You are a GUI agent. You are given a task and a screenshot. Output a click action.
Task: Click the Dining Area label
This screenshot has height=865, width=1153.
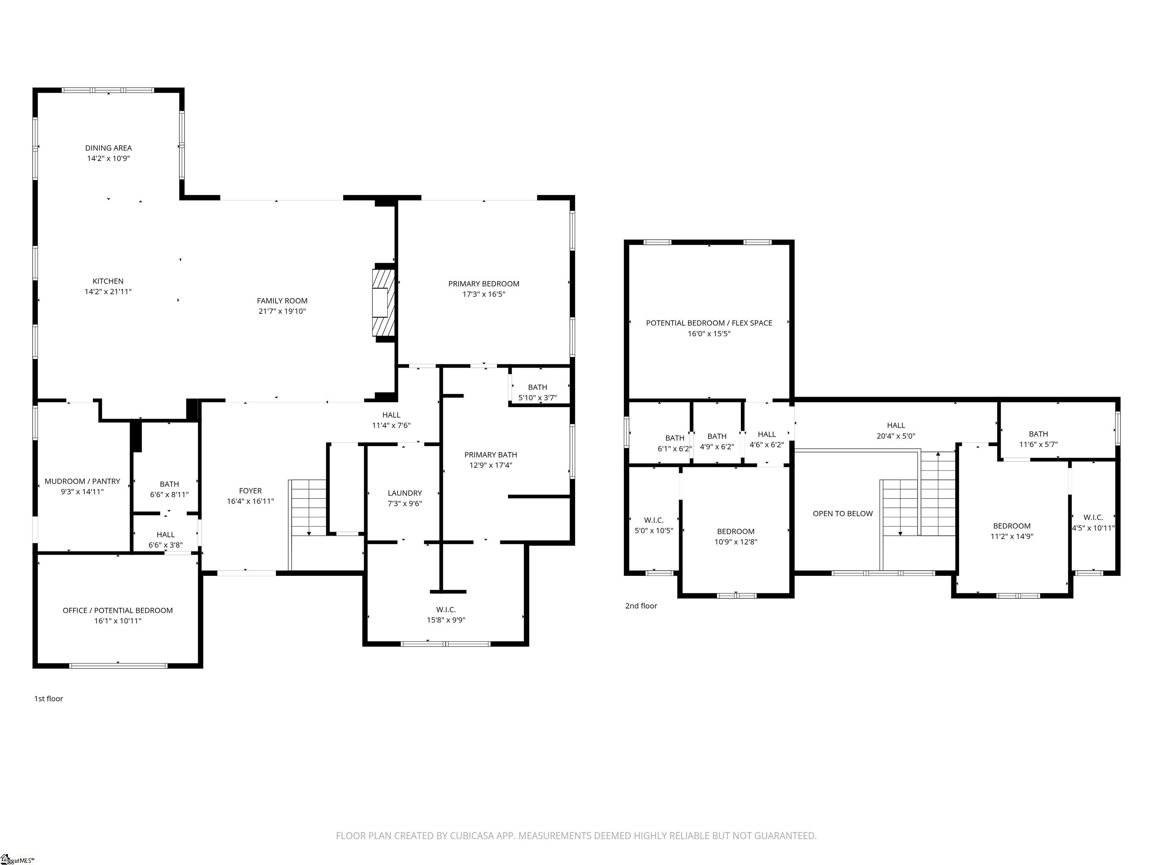pyautogui.click(x=108, y=148)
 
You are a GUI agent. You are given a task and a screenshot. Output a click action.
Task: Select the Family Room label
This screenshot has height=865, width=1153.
pyautogui.click(x=282, y=301)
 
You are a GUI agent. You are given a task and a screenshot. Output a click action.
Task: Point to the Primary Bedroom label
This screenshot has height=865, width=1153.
pyautogui.click(x=484, y=284)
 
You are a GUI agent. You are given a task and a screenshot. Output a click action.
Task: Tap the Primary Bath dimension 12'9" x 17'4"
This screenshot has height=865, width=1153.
pyautogui.click(x=491, y=465)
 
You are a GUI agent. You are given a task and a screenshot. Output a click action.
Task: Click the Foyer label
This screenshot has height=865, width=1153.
pyautogui.click(x=250, y=491)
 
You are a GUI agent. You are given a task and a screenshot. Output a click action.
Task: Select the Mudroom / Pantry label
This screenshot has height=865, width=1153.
pyautogui.click(x=82, y=481)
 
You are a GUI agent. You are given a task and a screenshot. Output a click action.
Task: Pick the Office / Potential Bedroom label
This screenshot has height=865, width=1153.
pyautogui.click(x=118, y=610)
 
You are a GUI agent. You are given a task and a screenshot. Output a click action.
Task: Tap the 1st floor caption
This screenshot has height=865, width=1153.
pyautogui.click(x=48, y=699)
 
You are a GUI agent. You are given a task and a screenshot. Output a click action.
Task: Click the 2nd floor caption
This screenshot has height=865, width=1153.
pyautogui.click(x=641, y=606)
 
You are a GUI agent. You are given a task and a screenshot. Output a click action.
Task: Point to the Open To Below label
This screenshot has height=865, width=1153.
pyautogui.click(x=843, y=514)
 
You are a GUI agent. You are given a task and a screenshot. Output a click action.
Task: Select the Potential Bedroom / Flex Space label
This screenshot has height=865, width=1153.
pyautogui.click(x=709, y=323)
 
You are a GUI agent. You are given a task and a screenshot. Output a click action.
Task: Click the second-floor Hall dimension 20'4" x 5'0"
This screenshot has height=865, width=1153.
pyautogui.click(x=896, y=436)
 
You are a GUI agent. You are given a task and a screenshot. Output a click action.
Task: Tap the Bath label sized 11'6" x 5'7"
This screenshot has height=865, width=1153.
pyautogui.click(x=1038, y=434)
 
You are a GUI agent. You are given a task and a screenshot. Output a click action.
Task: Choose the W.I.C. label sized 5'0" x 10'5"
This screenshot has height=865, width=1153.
pyautogui.click(x=654, y=520)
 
